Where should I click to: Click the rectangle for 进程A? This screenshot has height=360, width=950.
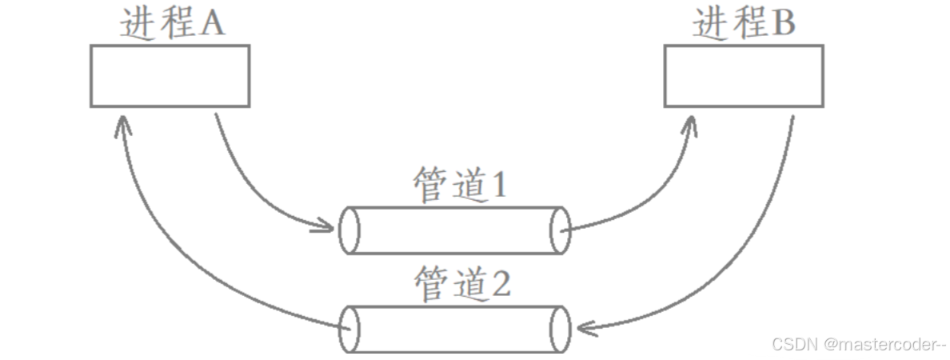pyautogui.click(x=170, y=76)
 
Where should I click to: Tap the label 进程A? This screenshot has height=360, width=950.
pyautogui.click(x=172, y=24)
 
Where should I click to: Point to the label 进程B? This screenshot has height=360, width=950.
pyautogui.click(x=743, y=24)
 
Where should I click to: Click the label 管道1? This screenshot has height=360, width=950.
pyautogui.click(x=460, y=186)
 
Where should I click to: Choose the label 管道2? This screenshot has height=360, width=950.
pyautogui.click(x=462, y=284)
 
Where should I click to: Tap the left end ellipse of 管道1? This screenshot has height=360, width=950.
pyautogui.click(x=349, y=232)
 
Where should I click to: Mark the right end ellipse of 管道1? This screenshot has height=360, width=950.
pyautogui.click(x=560, y=232)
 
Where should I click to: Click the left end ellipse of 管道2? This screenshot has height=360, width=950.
pyautogui.click(x=349, y=329)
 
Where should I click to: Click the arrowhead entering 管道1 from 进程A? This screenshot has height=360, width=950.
pyautogui.click(x=325, y=227)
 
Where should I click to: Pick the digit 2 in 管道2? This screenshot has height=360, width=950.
pyautogui.click(x=499, y=284)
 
